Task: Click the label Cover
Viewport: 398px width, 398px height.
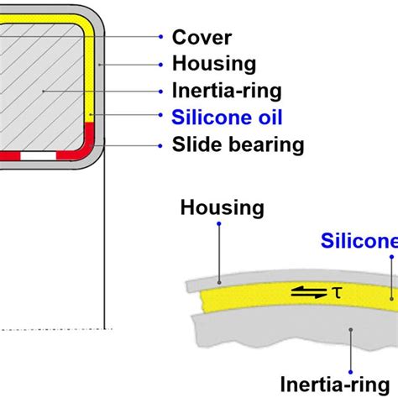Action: point(201,37)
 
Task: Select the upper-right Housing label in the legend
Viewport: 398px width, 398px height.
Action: point(213,64)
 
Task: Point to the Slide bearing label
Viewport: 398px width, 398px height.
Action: point(237,144)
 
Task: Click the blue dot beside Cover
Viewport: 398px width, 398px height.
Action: point(160,37)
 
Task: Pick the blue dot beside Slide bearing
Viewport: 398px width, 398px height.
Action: point(160,145)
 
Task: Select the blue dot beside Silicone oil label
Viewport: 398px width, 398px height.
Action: point(160,118)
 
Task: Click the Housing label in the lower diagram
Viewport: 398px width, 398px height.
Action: point(223,207)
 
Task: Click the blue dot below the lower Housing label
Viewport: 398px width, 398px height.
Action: point(218,225)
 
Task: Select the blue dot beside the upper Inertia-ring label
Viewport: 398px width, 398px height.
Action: point(160,91)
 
